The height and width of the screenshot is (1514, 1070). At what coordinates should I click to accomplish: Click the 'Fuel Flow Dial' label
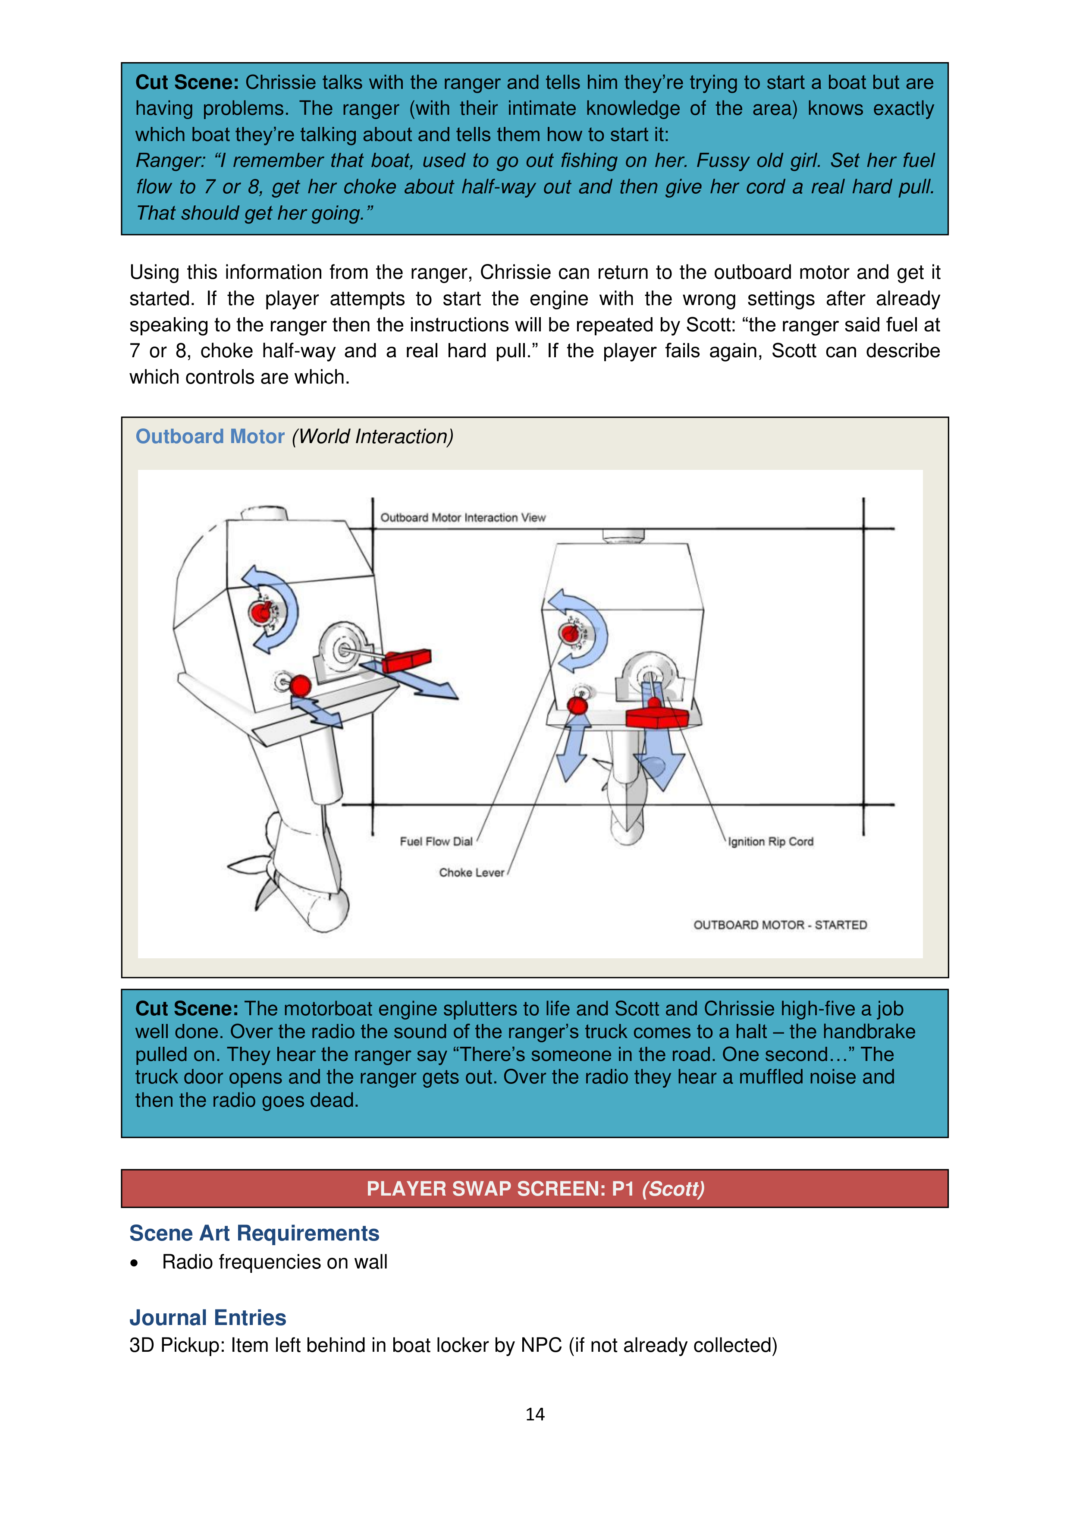[x=436, y=841]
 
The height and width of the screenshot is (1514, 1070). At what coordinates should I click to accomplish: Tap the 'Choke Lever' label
[x=471, y=872]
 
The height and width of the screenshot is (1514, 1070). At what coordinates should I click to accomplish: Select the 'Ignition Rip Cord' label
[x=770, y=841]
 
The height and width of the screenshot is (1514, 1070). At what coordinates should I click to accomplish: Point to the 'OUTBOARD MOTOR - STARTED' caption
[x=780, y=925]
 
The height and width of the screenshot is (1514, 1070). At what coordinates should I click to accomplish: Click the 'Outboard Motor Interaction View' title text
[x=463, y=518]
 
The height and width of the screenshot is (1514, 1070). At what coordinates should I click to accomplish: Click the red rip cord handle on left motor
[x=406, y=660]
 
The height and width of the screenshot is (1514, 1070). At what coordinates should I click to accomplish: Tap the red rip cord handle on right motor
[x=657, y=716]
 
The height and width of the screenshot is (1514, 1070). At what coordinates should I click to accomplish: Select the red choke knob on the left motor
[x=301, y=686]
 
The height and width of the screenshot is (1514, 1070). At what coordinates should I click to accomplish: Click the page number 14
[x=535, y=1414]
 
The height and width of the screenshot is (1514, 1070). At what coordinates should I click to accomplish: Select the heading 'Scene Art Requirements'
[x=254, y=1233]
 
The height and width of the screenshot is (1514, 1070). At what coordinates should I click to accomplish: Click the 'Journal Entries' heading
[x=208, y=1318]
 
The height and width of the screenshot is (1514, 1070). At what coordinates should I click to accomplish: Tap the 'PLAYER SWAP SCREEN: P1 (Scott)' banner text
[x=535, y=1188]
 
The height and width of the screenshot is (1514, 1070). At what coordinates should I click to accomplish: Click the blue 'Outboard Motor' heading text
[x=210, y=437]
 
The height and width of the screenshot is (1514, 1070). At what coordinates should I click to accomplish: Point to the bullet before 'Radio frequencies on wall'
[x=135, y=1263]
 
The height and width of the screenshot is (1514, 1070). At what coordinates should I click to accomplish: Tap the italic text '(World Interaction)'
[x=373, y=437]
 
